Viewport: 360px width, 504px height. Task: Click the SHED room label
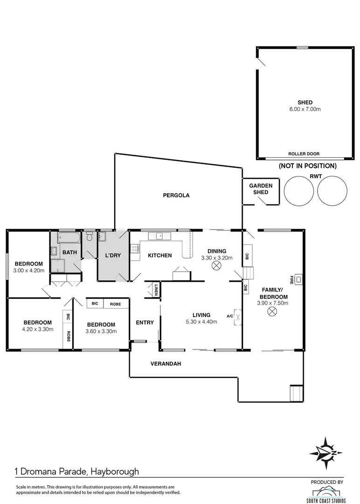tap(305, 103)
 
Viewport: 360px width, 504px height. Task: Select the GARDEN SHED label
tap(260, 189)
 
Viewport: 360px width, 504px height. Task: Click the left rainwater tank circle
tap(299, 191)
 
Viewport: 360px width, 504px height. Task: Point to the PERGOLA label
tap(176, 196)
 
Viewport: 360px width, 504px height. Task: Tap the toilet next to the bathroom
tap(90, 237)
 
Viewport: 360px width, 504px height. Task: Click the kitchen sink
tap(159, 236)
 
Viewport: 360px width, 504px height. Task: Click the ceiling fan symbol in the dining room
tap(216, 266)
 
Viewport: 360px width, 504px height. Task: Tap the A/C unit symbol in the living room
tap(237, 316)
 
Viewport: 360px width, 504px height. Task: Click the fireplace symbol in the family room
tap(299, 280)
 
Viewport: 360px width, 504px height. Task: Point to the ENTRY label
tap(145, 322)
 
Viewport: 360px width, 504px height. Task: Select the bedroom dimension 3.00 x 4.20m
tap(28, 270)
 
